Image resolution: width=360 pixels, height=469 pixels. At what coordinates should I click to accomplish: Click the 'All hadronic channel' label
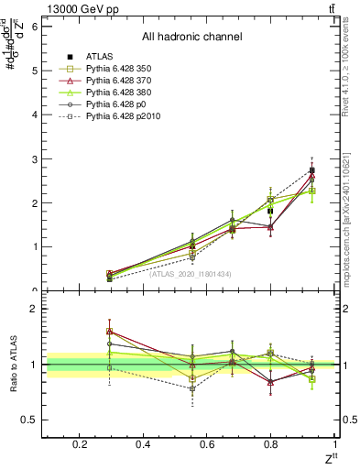coord(191,37)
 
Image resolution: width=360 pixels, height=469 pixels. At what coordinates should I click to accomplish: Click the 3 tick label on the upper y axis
coord(35,159)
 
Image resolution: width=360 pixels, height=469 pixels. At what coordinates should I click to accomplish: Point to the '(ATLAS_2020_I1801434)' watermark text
coord(190,274)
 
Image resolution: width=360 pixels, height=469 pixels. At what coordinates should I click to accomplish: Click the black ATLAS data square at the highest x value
coord(312,170)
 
